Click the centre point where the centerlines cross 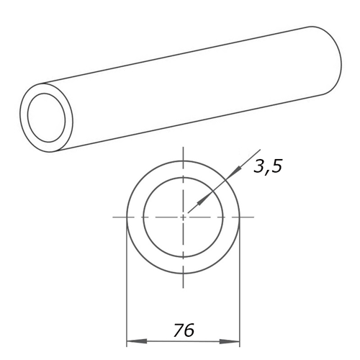pyautogui.click(x=184, y=216)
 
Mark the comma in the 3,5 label pyautogui.click(x=268, y=173)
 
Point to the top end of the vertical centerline pyautogui.click(x=184, y=148)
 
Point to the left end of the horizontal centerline pyautogui.click(x=114, y=216)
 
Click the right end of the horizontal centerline pyautogui.click(x=253, y=216)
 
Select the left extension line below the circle pyautogui.click(x=127, y=288)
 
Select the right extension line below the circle pyautogui.click(x=240, y=288)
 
